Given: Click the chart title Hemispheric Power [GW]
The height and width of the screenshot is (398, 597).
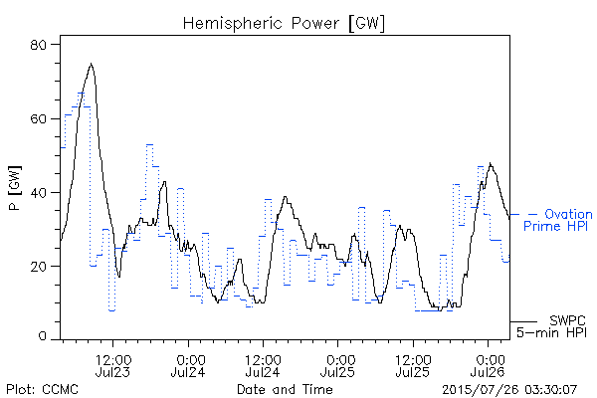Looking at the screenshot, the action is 284,23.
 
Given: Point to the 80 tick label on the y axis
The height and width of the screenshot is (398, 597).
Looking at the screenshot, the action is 38,45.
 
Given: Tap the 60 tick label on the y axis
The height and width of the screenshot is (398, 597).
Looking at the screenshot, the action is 38,118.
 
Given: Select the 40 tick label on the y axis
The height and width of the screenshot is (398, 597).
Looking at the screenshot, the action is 38,193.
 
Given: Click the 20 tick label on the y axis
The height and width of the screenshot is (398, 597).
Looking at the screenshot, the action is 38,267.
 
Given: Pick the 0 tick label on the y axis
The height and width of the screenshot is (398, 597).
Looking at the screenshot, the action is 43,336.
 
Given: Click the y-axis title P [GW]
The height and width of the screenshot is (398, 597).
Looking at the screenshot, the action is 15,188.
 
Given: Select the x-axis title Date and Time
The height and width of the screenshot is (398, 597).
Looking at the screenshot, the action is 285,389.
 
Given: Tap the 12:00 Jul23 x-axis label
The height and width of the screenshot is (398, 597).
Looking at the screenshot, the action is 113,365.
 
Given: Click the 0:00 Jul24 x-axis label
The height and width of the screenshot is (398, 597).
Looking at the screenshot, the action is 188,365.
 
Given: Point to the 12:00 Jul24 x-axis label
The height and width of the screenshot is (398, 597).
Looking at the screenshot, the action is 263,365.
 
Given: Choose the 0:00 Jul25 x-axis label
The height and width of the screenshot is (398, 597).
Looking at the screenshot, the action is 337,365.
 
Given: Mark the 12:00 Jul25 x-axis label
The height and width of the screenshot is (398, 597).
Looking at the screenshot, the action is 413,365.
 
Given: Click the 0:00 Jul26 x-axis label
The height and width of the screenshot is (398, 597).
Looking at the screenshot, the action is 488,365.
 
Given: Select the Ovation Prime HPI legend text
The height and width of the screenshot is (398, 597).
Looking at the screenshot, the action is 557,220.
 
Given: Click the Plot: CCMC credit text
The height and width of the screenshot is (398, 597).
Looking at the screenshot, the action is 42,389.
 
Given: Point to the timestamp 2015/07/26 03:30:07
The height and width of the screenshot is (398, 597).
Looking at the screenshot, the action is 509,389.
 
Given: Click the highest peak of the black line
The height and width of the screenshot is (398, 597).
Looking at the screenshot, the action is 91,64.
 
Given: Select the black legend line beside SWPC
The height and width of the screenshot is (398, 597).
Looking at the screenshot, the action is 523,321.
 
